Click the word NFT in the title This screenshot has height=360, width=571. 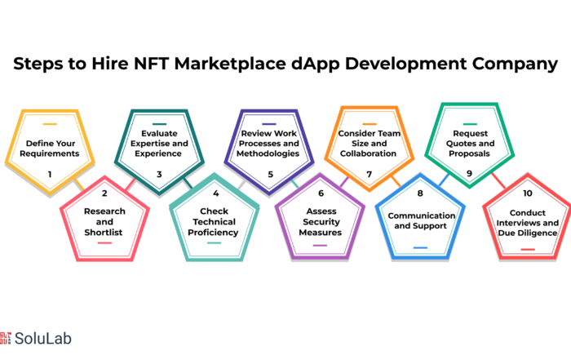click(x=151, y=64)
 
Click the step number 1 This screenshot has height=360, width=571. click(x=50, y=174)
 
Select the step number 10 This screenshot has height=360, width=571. click(x=527, y=193)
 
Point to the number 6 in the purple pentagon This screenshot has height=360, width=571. click(x=321, y=193)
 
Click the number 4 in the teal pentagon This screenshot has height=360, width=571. click(x=215, y=193)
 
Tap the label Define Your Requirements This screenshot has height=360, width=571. click(x=50, y=149)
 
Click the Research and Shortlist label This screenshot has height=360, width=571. click(x=104, y=221)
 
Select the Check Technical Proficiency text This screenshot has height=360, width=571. click(x=214, y=221)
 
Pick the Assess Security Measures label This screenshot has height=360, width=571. click(x=321, y=221)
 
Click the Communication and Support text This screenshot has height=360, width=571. click(x=422, y=220)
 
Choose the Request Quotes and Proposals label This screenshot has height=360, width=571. click(x=470, y=143)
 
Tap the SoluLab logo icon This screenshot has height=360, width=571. click(x=6, y=338)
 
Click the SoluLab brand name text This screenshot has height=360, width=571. click(x=43, y=339)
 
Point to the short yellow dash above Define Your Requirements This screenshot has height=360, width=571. click(x=50, y=124)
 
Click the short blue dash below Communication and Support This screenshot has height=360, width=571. click(x=420, y=248)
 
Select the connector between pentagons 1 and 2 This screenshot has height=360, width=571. click(x=79, y=184)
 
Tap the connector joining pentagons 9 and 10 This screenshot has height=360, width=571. click(x=498, y=180)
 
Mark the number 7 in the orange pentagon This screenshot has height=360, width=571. click(x=370, y=174)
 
